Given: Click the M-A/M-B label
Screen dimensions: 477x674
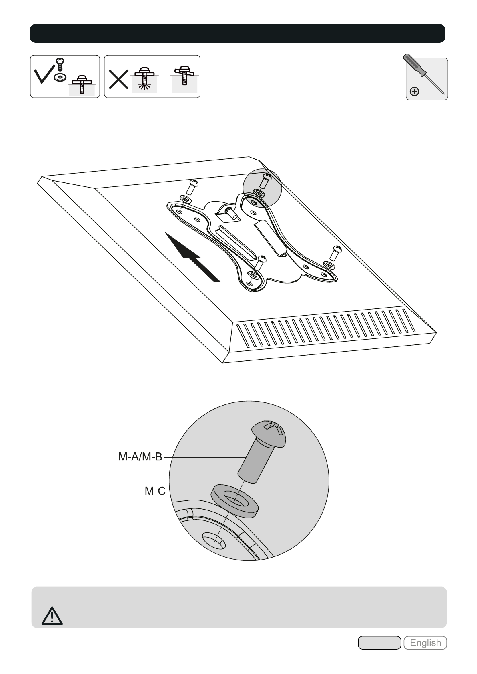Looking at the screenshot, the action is [140, 457].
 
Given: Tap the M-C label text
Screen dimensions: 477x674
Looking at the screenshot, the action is [155, 491].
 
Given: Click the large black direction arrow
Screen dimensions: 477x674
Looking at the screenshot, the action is [192, 257].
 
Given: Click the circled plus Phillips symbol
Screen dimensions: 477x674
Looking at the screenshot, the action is [415, 91].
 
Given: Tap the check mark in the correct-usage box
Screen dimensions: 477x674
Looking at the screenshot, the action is [44, 76].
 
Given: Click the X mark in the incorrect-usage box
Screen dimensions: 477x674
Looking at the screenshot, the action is [118, 79].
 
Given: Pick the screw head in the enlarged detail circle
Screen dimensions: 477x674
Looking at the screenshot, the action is [269, 434].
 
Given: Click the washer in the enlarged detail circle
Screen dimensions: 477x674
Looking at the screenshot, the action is [234, 501].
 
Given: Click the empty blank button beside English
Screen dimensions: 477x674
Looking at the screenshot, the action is [379, 643].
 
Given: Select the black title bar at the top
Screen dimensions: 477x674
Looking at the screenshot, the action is [237, 33].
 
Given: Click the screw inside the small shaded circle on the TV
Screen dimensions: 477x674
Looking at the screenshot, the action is [265, 180].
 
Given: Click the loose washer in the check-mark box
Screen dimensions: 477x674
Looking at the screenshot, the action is [60, 77].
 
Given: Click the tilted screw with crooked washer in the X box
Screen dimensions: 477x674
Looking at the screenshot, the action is [184, 75].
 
